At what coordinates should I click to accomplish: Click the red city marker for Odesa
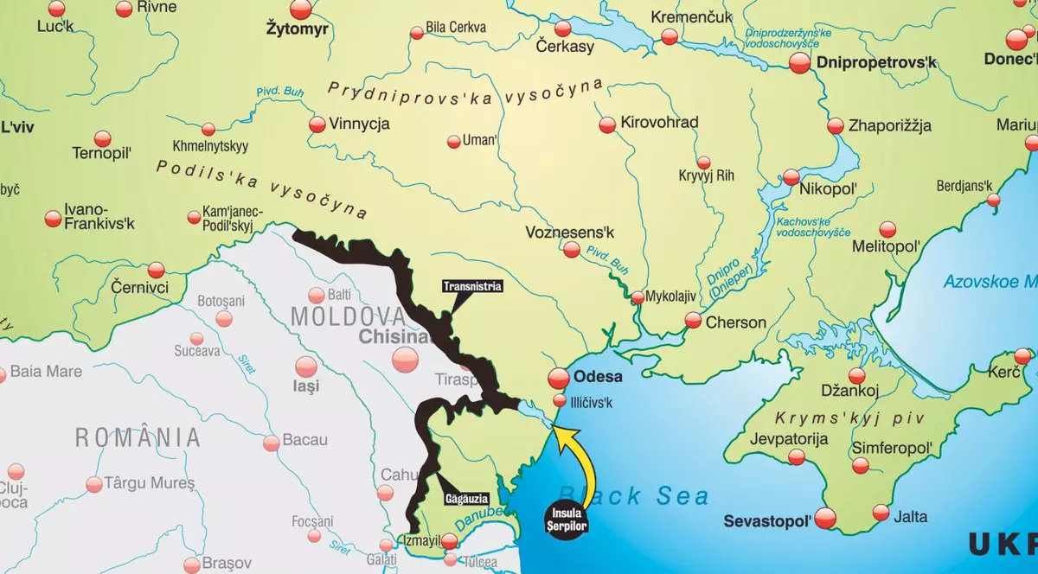[559, 378]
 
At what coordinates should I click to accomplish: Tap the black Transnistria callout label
[471, 286]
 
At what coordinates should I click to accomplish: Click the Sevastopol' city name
[767, 520]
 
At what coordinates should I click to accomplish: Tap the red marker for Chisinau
[404, 360]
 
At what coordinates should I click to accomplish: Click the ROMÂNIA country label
[138, 437]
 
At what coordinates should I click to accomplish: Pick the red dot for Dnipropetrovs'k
[799, 63]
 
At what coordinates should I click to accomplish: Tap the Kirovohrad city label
[659, 123]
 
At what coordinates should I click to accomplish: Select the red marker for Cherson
[693, 321]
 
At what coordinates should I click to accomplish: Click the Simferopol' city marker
[860, 466]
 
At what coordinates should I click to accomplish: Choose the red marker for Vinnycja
[317, 124]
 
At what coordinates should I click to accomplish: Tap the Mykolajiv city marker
[638, 297]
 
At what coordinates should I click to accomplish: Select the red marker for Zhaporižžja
[835, 126]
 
